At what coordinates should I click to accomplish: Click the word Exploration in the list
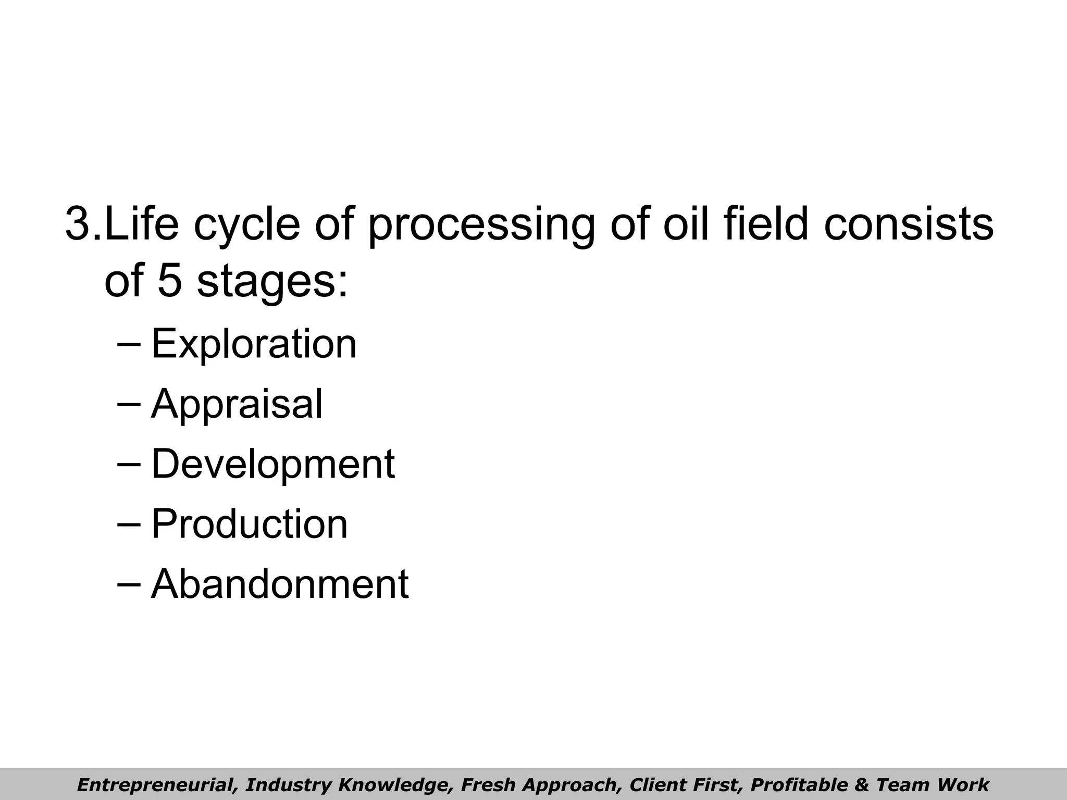(254, 344)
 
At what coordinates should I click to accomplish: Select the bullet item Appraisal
(237, 404)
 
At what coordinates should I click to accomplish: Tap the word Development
(272, 464)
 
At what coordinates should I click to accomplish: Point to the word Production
(249, 524)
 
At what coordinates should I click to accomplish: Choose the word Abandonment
(279, 584)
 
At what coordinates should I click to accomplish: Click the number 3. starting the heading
(83, 224)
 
